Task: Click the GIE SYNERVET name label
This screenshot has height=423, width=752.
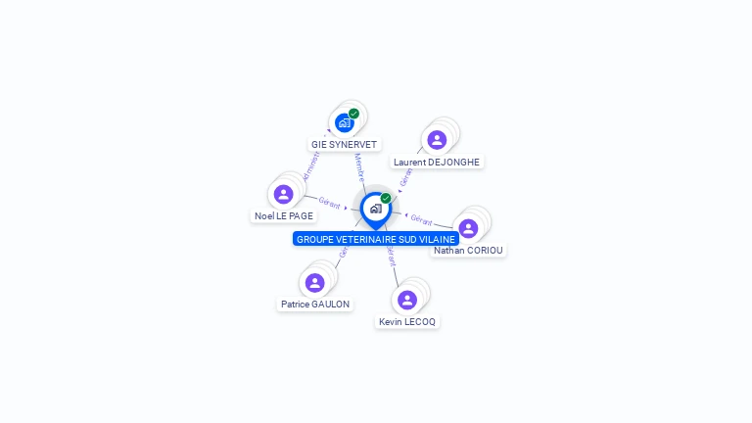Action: (344, 144)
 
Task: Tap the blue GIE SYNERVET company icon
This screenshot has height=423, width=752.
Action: (344, 123)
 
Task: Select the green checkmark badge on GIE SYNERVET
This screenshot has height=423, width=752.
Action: (354, 114)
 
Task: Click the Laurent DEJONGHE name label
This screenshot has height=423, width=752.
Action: (437, 162)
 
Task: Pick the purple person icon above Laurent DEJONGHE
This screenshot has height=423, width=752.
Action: (437, 140)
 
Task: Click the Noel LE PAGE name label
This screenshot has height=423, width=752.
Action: (284, 215)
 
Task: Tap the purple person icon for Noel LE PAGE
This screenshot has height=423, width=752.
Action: (284, 194)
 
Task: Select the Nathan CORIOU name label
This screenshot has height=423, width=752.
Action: (468, 250)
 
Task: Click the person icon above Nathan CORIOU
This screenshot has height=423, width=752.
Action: (468, 228)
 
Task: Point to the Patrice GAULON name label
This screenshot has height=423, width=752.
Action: (315, 305)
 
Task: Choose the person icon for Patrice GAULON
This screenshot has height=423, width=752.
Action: (314, 283)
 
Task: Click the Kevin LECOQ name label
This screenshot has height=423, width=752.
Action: (407, 321)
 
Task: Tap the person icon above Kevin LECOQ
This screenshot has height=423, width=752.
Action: (407, 300)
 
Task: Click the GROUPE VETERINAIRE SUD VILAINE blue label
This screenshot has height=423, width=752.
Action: (376, 239)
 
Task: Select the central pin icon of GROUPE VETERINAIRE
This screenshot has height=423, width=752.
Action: (375, 209)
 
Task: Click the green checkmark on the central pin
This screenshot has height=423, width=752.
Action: (386, 198)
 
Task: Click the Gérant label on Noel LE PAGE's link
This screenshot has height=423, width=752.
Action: (329, 204)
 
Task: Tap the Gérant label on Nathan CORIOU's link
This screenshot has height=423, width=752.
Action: (421, 219)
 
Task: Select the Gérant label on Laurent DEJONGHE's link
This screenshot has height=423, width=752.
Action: (405, 177)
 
